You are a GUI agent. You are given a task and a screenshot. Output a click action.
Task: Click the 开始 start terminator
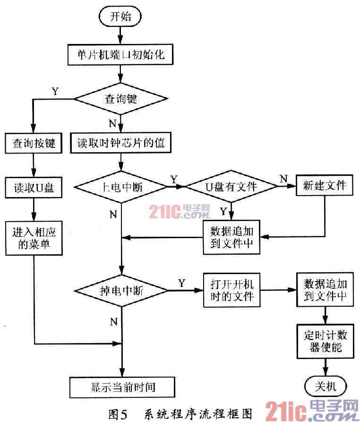tap(120, 17)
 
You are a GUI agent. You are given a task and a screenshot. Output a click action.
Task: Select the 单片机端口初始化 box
tap(121, 54)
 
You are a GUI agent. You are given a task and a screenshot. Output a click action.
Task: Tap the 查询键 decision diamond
tap(121, 99)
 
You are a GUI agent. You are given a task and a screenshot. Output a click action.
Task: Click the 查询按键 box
tap(34, 143)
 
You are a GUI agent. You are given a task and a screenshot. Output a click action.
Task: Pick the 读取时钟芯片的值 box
tap(121, 143)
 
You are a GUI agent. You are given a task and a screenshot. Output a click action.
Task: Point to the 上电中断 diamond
tap(121, 187)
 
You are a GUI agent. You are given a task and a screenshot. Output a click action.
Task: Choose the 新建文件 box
tap(325, 185)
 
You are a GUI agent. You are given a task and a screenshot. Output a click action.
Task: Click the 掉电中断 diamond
tap(121, 290)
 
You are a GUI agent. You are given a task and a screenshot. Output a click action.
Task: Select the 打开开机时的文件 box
tap(232, 290)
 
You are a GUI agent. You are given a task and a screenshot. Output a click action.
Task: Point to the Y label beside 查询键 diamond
tap(55, 91)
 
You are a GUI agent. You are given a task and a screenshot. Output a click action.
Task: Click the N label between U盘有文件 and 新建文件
tap(283, 179)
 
